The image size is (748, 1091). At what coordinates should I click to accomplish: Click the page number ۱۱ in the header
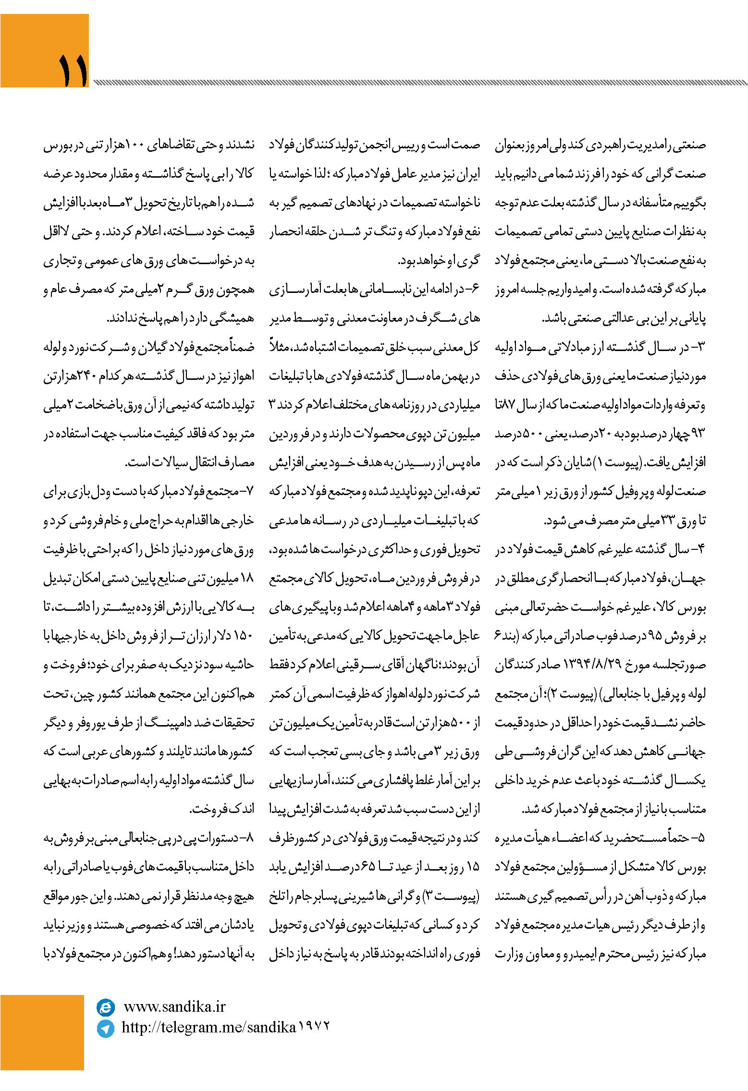[73, 70]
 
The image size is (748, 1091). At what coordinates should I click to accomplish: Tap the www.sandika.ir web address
[174, 1006]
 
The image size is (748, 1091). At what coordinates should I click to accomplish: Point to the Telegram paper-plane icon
[106, 1028]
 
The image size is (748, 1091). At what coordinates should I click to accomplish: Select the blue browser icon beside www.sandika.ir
[106, 1006]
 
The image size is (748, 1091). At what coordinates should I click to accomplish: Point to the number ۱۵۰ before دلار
[243, 636]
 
